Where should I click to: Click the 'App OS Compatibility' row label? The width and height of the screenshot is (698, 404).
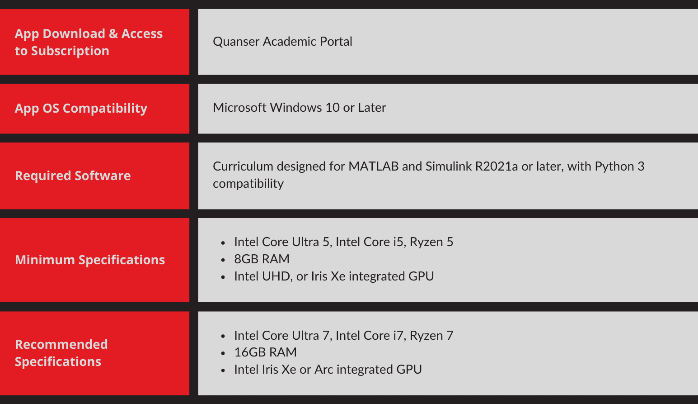81,108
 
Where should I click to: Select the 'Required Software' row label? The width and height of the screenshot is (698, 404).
73,176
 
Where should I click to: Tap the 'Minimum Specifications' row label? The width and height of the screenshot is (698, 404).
90,260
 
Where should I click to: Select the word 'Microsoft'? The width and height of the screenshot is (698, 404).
239,108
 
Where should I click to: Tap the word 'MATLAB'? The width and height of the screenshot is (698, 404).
373,166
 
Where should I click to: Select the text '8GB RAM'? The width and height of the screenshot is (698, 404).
262,259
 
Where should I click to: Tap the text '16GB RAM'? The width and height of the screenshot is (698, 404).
266,352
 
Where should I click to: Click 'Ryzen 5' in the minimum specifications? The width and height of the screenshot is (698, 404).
431,242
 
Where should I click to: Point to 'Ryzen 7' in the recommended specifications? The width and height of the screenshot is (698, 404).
431,336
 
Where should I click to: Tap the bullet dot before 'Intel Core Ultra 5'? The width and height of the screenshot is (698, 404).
223,242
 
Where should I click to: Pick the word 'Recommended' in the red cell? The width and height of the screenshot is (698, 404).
61,344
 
